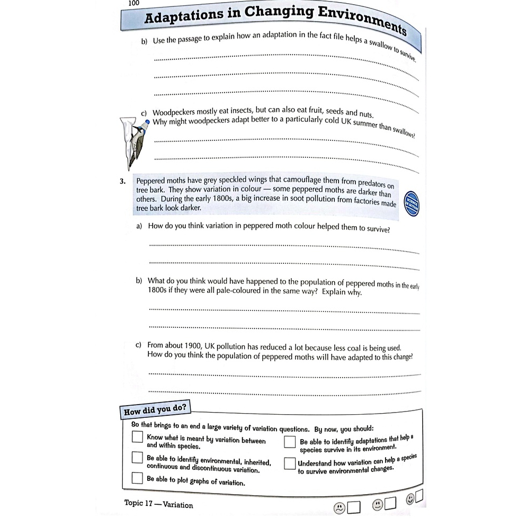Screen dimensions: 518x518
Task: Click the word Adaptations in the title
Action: click(183, 17)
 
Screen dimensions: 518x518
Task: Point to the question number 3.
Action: click(123, 181)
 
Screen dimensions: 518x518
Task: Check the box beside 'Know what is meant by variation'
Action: click(138, 437)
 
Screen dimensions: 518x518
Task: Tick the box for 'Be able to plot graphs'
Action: click(138, 478)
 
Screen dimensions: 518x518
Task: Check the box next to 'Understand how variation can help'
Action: click(289, 463)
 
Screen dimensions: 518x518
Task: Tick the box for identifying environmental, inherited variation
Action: click(138, 458)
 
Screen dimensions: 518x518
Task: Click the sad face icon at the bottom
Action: click(338, 507)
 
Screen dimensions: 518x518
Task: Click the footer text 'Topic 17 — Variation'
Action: click(158, 504)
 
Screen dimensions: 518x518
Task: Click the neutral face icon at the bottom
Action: click(377, 505)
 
